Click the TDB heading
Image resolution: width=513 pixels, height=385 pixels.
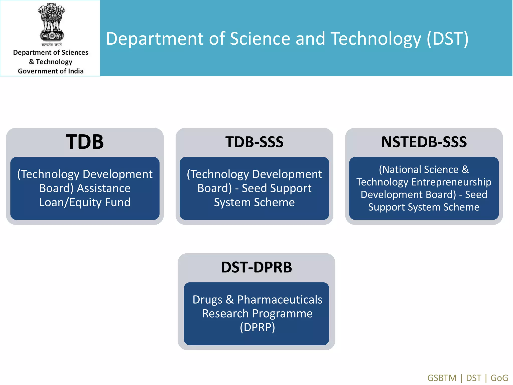point(85,142)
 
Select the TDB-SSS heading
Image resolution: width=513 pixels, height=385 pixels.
point(254,142)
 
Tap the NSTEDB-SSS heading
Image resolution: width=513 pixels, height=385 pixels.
point(424,142)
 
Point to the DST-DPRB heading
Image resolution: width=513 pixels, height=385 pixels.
point(256,267)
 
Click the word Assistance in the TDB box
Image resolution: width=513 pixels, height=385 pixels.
point(104,188)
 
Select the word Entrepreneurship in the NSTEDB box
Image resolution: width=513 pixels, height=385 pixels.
point(451,182)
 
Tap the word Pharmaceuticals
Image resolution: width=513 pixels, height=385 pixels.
point(280,300)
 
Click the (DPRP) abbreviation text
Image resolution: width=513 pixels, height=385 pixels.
point(257,327)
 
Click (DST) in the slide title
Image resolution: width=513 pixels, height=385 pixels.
point(447,39)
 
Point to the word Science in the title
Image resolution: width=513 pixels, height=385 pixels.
point(260,39)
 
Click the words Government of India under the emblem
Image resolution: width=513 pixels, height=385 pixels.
point(51,71)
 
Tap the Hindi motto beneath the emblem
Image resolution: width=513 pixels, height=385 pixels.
point(51,45)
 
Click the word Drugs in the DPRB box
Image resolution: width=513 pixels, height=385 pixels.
point(207,300)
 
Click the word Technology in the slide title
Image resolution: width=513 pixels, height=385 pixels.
point(376,39)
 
